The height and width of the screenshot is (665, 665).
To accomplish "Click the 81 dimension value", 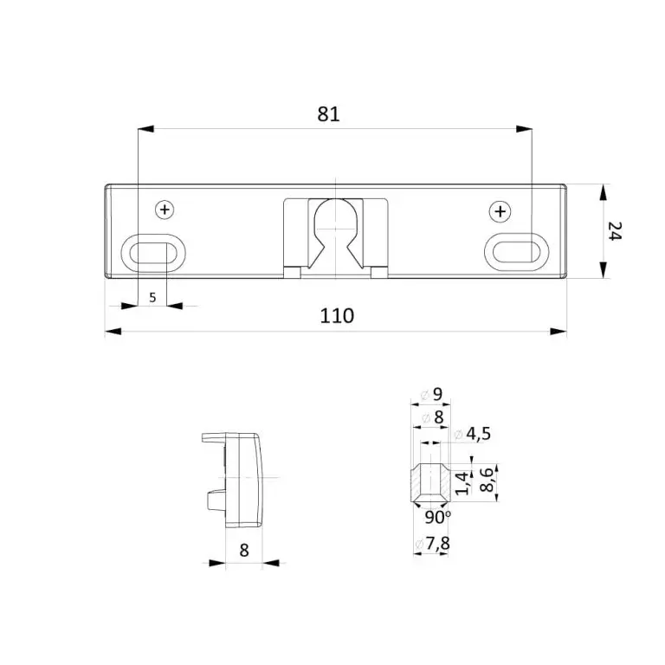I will pos(328,114).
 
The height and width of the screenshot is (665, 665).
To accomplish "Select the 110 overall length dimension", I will pos(337,315).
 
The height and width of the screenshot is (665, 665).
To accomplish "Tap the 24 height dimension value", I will pos(614,231).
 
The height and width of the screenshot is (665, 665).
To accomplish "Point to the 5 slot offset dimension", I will pos(152,298).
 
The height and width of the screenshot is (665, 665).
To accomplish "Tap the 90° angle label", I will pos(438,517).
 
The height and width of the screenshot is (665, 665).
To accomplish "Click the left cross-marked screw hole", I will pos(165,209).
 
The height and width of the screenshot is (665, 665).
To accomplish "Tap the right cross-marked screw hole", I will pos(500,210).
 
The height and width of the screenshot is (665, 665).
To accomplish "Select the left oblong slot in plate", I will pos(152,251).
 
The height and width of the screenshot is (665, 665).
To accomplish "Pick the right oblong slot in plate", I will pos(516,249).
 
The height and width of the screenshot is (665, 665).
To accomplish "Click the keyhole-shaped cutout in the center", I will pos(334,227).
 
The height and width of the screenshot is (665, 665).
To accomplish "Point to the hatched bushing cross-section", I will pos(431,482).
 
